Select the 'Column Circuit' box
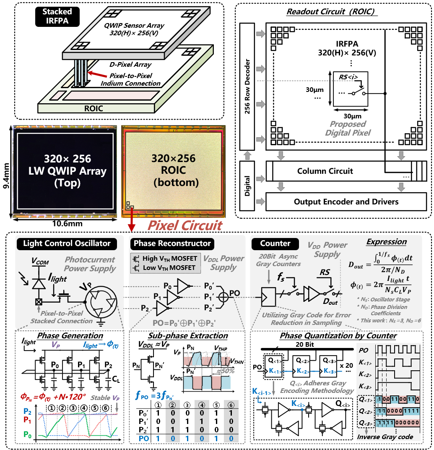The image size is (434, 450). tap(325, 171)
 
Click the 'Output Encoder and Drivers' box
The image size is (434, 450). tap(346, 201)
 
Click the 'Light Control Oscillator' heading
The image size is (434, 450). tap(67, 243)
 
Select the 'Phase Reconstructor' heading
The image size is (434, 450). tap(172, 243)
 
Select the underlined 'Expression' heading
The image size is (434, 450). tap(386, 242)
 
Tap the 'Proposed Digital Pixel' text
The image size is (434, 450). tap(348, 128)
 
